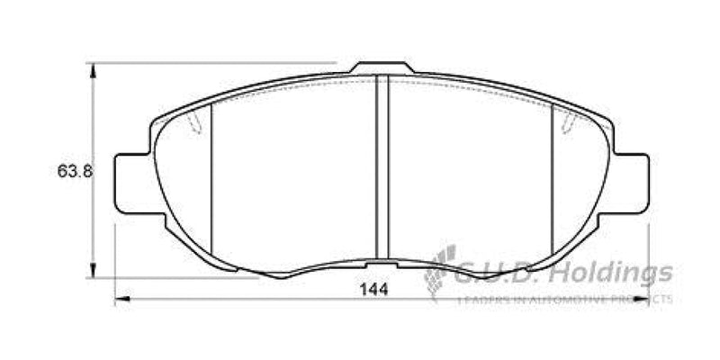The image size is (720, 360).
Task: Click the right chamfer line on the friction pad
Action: click(x=551, y=180)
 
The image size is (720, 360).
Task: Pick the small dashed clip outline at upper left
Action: click(x=191, y=125)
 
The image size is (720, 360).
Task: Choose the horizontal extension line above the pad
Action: click(x=216, y=63)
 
